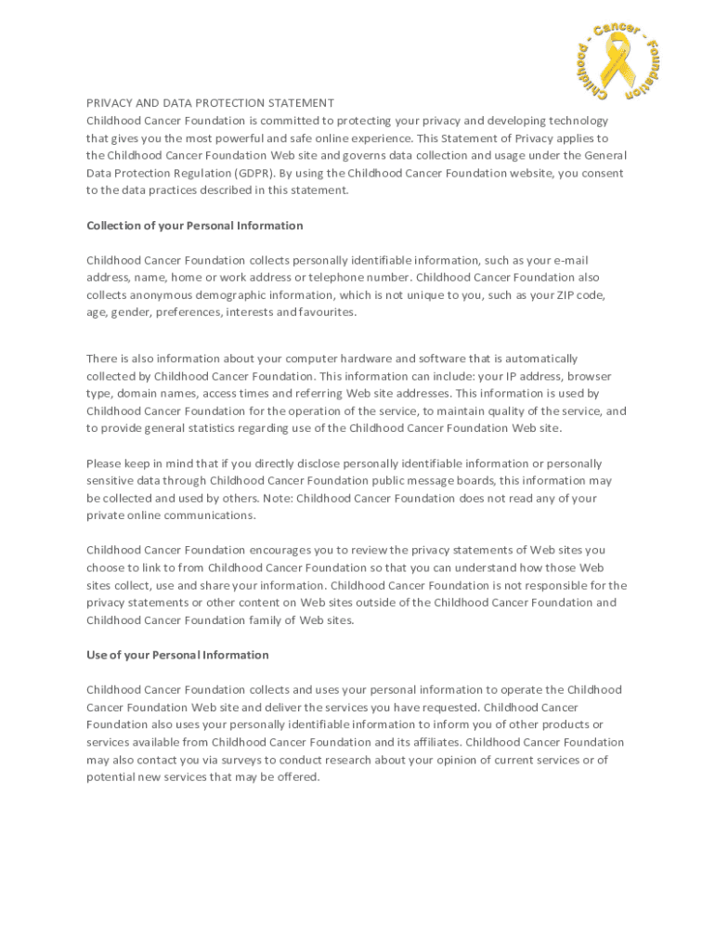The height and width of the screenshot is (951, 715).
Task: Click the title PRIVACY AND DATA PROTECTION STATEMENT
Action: (x=210, y=103)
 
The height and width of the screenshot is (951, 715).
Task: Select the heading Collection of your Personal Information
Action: (x=194, y=226)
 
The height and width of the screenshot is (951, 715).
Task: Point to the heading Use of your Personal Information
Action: (x=177, y=655)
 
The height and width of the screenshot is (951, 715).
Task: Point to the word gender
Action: (x=130, y=312)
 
